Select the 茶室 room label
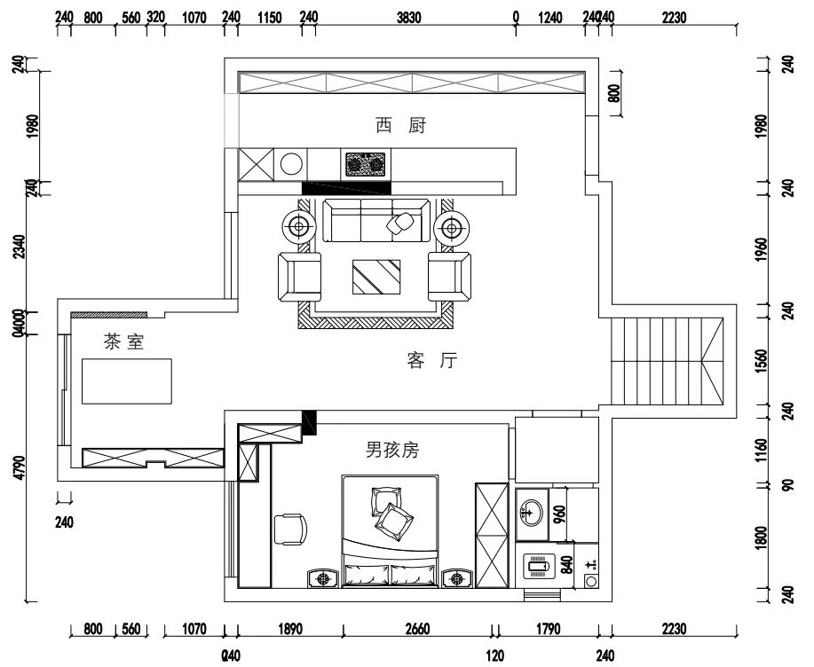(123, 341)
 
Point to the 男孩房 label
(391, 450)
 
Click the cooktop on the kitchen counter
(367, 164)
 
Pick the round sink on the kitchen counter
(291, 164)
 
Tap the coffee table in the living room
(376, 277)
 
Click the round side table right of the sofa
(453, 229)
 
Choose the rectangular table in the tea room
(127, 381)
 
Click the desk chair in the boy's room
(290, 529)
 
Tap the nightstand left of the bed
(322, 578)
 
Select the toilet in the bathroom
(539, 562)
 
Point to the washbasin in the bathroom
(531, 511)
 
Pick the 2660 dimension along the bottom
(417, 630)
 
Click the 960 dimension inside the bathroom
(560, 515)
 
